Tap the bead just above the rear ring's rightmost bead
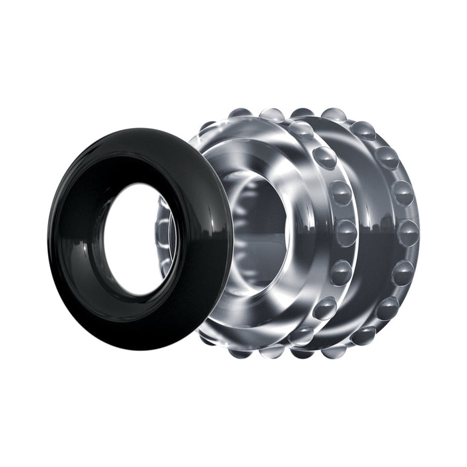coord(402,193)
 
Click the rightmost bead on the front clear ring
coord(346,232)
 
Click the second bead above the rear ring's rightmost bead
coord(386,157)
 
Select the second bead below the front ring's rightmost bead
coord(325,308)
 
